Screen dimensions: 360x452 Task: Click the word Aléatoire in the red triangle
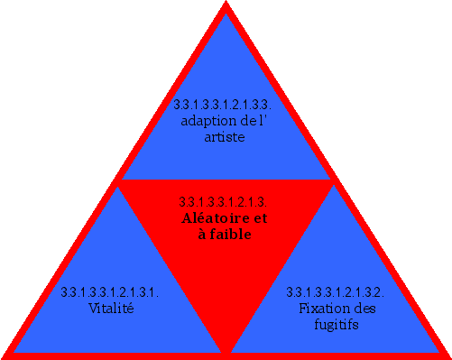pos(215,218)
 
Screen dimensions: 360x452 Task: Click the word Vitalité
pos(111,309)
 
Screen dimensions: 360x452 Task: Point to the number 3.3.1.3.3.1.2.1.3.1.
pos(111,292)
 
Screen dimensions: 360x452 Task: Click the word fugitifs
pos(336,325)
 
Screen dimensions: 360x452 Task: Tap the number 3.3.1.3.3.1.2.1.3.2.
pos(336,292)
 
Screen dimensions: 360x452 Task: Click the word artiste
pos(225,137)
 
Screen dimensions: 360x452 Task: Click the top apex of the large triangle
pos(226,5)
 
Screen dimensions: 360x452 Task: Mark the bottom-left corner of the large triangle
pos(5,355)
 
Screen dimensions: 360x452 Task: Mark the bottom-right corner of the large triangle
pos(447,355)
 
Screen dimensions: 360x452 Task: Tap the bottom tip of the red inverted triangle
pos(226,352)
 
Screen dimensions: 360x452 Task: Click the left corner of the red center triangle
pos(118,181)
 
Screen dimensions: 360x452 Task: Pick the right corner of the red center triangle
pos(333,181)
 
